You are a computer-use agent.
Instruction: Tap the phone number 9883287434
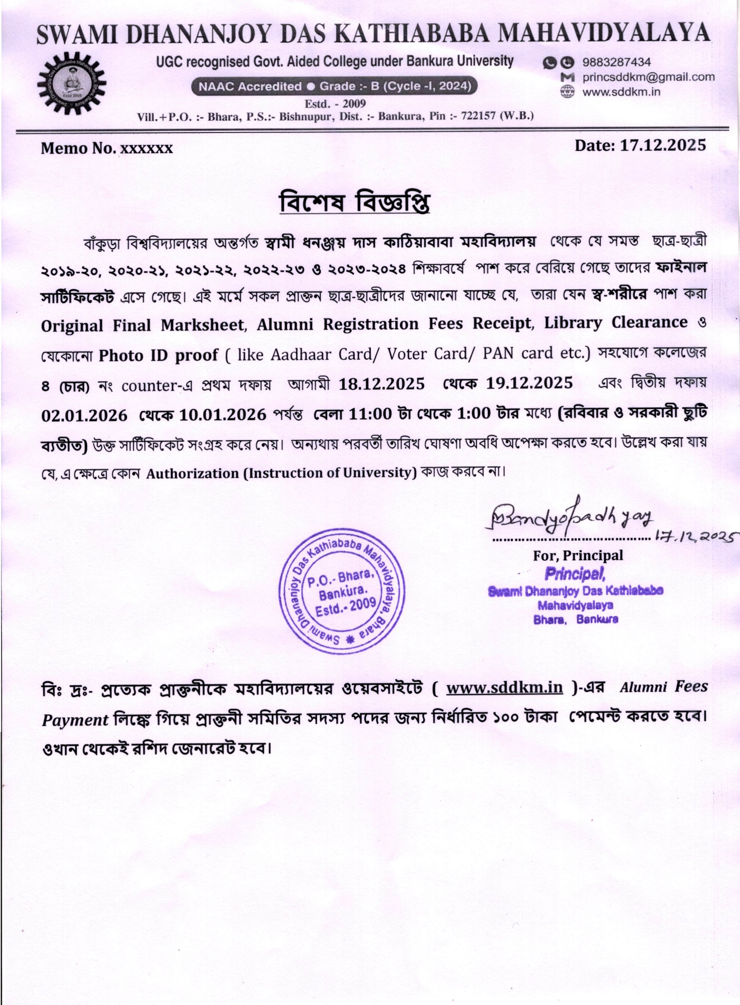(x=617, y=62)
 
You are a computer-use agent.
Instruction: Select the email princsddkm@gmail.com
(x=648, y=77)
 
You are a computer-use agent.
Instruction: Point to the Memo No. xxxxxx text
(x=107, y=148)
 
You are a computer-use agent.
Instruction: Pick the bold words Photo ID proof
(x=158, y=355)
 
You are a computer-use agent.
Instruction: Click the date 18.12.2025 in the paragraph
(x=381, y=384)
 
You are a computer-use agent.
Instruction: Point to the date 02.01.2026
(x=84, y=415)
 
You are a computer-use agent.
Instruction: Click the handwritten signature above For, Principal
(x=569, y=519)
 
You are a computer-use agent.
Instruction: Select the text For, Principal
(x=577, y=556)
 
